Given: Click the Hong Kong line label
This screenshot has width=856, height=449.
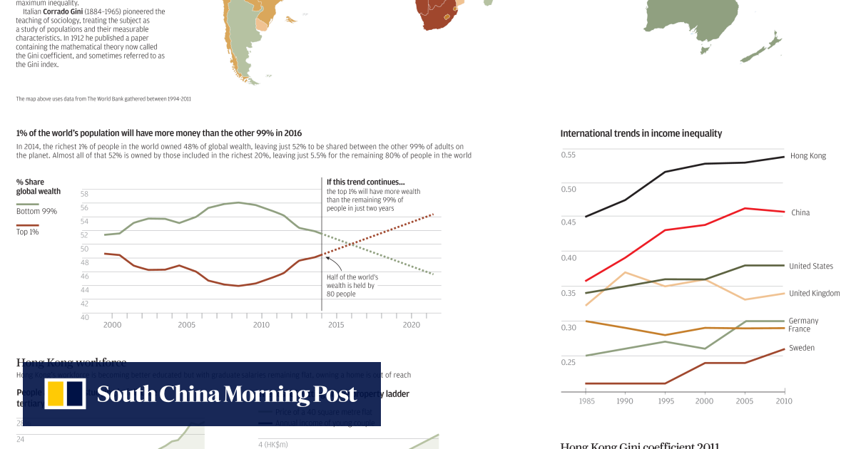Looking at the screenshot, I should [807, 155].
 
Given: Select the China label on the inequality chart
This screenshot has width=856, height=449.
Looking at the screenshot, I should [800, 212].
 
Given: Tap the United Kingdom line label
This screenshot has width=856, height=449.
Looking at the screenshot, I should [814, 293].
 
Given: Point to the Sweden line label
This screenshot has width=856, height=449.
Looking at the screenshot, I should [801, 348].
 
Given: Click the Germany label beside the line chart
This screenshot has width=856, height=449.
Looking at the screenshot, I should [803, 321].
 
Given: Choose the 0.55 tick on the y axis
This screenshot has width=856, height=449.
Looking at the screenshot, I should [568, 155].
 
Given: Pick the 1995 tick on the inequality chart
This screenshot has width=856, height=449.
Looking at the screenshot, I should [664, 401].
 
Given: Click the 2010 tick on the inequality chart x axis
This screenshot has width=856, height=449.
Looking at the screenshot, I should [784, 401].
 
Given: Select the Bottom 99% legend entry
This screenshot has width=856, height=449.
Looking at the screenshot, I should [36, 211].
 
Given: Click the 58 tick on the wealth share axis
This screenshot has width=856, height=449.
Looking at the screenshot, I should [84, 194].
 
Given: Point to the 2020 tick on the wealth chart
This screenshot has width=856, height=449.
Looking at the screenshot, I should [411, 324].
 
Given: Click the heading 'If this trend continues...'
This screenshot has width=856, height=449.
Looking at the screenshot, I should [365, 182].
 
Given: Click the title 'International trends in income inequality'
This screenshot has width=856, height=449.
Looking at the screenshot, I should [641, 133].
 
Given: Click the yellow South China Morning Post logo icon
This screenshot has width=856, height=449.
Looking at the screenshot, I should [65, 394].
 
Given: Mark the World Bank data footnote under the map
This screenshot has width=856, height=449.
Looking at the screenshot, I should [103, 98].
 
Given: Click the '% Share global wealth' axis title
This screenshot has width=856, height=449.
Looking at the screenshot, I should [38, 187].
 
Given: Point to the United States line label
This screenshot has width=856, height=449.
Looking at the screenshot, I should [810, 266].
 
